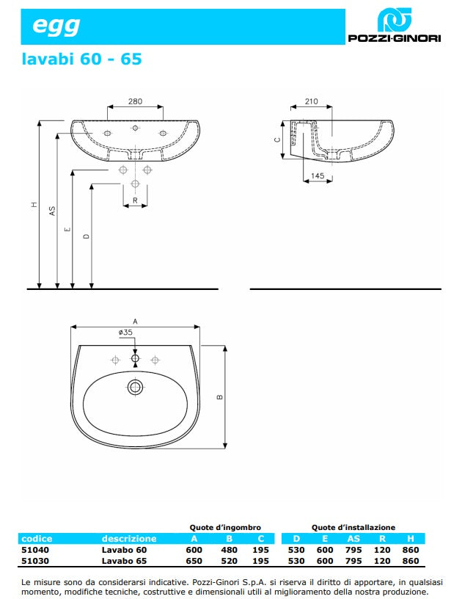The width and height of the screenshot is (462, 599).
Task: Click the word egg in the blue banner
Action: (56, 26)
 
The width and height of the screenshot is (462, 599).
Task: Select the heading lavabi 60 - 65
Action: (81, 59)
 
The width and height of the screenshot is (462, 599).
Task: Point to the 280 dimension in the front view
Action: (134, 102)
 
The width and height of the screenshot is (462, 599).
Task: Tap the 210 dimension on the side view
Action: (311, 102)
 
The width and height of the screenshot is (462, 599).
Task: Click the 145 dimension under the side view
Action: (317, 175)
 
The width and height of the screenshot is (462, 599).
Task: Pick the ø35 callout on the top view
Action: (125, 333)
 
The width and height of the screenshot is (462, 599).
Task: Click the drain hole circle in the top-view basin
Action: (135, 386)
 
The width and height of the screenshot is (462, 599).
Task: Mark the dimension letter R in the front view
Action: (135, 200)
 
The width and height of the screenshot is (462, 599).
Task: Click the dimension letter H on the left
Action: (34, 205)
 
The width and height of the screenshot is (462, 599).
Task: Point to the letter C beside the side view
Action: (277, 139)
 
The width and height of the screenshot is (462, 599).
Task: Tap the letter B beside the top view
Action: (219, 396)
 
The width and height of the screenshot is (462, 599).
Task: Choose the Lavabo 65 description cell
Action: (124, 561)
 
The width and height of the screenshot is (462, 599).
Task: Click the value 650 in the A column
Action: (194, 561)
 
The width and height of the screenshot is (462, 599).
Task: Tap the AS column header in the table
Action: (353, 538)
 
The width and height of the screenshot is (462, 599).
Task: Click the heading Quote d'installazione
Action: (353, 527)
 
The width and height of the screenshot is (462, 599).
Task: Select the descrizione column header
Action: (129, 538)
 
